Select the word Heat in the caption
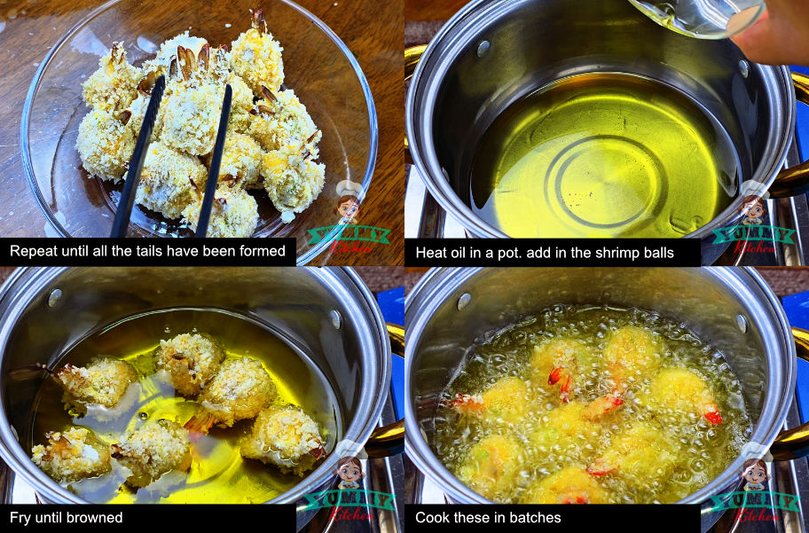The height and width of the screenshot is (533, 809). (433, 253)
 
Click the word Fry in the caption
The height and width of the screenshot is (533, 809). (21, 517)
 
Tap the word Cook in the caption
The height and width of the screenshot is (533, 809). (434, 517)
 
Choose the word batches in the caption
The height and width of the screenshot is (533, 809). (533, 517)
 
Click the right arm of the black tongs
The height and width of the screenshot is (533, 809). (216, 160)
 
